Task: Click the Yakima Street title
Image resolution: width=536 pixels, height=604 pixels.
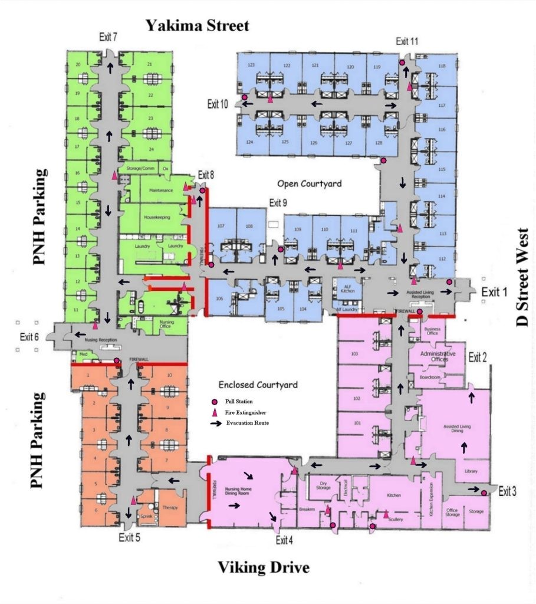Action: pyautogui.click(x=198, y=25)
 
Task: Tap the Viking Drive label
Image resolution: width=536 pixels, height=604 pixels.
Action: pyautogui.click(x=264, y=568)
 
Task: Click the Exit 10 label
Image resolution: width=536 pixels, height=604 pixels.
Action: pyautogui.click(x=217, y=104)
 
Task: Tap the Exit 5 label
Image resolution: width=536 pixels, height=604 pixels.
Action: pyautogui.click(x=129, y=537)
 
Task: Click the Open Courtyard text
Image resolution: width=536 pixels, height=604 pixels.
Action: pyautogui.click(x=312, y=184)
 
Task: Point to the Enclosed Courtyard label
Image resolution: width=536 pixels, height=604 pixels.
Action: pyautogui.click(x=258, y=385)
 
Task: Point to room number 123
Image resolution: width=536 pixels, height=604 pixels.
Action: pyautogui.click(x=251, y=65)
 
